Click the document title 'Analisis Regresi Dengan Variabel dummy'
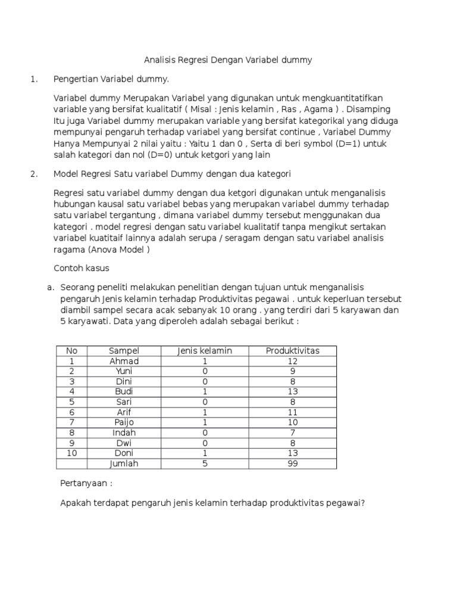click(228, 60)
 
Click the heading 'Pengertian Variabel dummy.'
click(111, 79)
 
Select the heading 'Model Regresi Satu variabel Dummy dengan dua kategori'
click(171, 174)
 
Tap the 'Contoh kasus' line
click(82, 269)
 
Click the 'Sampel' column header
click(124, 351)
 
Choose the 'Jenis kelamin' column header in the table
click(205, 351)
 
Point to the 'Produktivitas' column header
click(292, 351)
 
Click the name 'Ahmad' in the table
click(124, 361)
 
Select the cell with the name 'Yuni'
click(124, 371)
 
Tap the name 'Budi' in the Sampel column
click(124, 391)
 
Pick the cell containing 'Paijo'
click(124, 422)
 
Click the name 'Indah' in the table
click(124, 432)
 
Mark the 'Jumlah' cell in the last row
click(124, 463)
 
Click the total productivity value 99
click(292, 463)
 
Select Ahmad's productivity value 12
click(292, 361)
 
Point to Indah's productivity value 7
click(292, 432)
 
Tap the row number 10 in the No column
click(71, 453)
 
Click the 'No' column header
click(71, 351)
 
